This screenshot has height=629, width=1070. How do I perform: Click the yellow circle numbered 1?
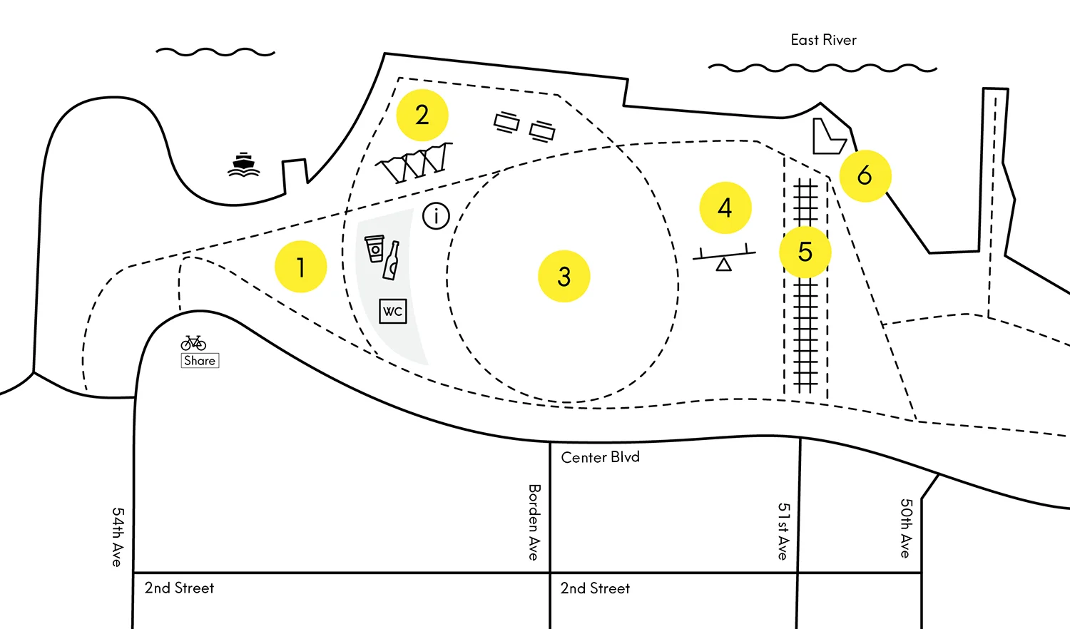(x=301, y=267)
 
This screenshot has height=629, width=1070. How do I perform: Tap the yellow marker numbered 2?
(x=422, y=115)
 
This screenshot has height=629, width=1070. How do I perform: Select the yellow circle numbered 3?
(x=564, y=276)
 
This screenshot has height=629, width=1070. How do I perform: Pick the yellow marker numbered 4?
(x=725, y=208)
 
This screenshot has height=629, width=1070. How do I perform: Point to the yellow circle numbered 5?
(x=805, y=252)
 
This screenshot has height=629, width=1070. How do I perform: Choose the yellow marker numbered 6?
(x=865, y=175)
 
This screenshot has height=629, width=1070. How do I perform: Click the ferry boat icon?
(x=244, y=165)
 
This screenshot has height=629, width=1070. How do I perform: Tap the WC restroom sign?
(x=393, y=311)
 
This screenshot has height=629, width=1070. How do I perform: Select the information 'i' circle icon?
(x=437, y=215)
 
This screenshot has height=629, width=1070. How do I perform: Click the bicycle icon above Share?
(x=193, y=343)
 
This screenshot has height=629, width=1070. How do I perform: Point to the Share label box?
(x=200, y=360)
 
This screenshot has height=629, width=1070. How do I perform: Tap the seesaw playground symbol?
(x=724, y=257)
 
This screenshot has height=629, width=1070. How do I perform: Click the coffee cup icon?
(x=374, y=248)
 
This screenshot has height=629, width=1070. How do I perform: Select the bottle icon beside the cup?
(x=392, y=261)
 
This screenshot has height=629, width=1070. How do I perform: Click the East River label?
(x=823, y=40)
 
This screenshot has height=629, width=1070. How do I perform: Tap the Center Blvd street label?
(x=600, y=457)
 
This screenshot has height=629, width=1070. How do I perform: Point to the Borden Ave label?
(x=534, y=522)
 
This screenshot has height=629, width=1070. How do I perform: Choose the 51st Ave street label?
(x=783, y=531)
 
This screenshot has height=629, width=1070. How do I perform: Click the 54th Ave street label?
(x=118, y=537)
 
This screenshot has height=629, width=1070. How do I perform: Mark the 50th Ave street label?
(x=905, y=528)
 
